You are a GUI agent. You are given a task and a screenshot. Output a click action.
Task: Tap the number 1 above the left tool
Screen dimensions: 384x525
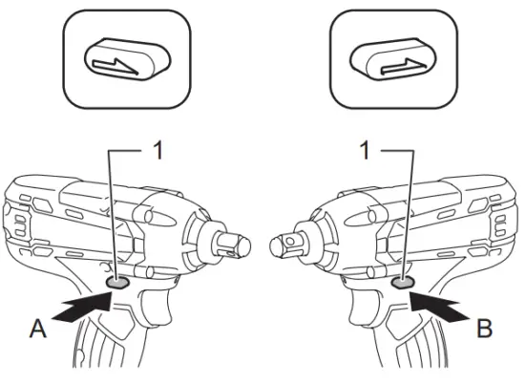click(157, 148)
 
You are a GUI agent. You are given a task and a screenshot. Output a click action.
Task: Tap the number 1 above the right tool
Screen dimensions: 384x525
click(363, 148)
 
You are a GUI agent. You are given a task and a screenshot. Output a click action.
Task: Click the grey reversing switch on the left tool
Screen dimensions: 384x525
click(117, 283)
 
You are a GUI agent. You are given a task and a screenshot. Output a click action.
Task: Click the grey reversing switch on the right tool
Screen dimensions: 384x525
click(402, 283)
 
